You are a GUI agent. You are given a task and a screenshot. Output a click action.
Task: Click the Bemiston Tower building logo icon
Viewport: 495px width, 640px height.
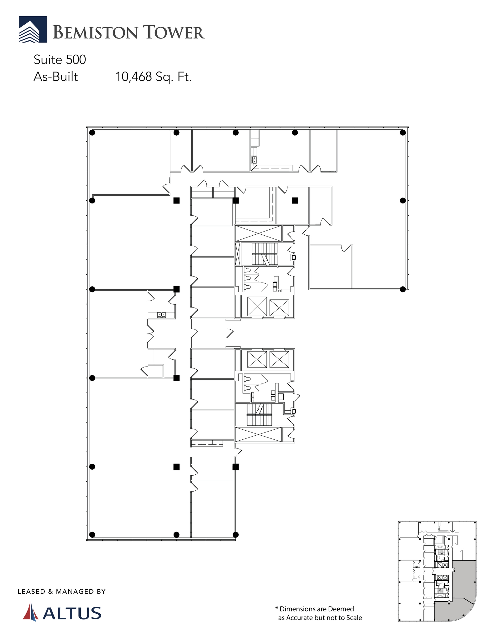pyautogui.click(x=33, y=29)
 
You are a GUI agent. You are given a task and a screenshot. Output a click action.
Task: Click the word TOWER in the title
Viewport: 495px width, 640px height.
pyautogui.click(x=174, y=33)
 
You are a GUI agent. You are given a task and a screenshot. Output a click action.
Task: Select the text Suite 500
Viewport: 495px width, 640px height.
pyautogui.click(x=60, y=60)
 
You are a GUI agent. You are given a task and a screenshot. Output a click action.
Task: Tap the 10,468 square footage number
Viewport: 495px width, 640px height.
pyautogui.click(x=134, y=77)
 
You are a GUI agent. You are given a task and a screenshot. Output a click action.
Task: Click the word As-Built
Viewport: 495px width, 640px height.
pyautogui.click(x=56, y=77)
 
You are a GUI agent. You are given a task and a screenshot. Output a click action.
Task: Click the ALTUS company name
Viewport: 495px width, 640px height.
pyautogui.click(x=72, y=613)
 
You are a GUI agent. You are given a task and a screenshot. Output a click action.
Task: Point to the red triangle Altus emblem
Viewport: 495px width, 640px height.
pyautogui.click(x=30, y=611)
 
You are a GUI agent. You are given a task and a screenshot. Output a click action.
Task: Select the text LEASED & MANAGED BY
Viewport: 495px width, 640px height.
pyautogui.click(x=62, y=592)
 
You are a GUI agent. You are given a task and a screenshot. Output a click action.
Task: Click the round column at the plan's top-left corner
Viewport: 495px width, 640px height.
pyautogui.click(x=92, y=132)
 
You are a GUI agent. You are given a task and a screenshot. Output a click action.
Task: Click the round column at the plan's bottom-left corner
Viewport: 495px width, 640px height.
pyautogui.click(x=92, y=534)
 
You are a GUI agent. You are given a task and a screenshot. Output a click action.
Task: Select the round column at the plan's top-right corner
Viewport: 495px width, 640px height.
pyautogui.click(x=403, y=132)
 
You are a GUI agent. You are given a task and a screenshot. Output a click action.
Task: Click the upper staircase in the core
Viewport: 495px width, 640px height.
pyautogui.click(x=265, y=254)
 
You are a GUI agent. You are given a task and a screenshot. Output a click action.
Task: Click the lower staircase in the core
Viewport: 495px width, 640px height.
pyautogui.click(x=260, y=415)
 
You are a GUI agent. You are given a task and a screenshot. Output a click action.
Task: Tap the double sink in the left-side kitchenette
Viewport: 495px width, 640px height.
pyautogui.click(x=162, y=314)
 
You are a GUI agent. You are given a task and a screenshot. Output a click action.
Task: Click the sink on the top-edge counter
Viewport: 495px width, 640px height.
pyautogui.click(x=254, y=160)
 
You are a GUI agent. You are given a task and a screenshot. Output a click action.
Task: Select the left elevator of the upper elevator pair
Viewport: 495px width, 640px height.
pyautogui.click(x=257, y=306)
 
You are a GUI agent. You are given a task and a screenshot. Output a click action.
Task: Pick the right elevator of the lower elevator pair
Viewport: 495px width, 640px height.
pyautogui.click(x=279, y=359)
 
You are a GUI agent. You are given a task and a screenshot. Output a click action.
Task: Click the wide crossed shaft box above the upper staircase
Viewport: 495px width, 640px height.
pyautogui.click(x=258, y=233)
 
